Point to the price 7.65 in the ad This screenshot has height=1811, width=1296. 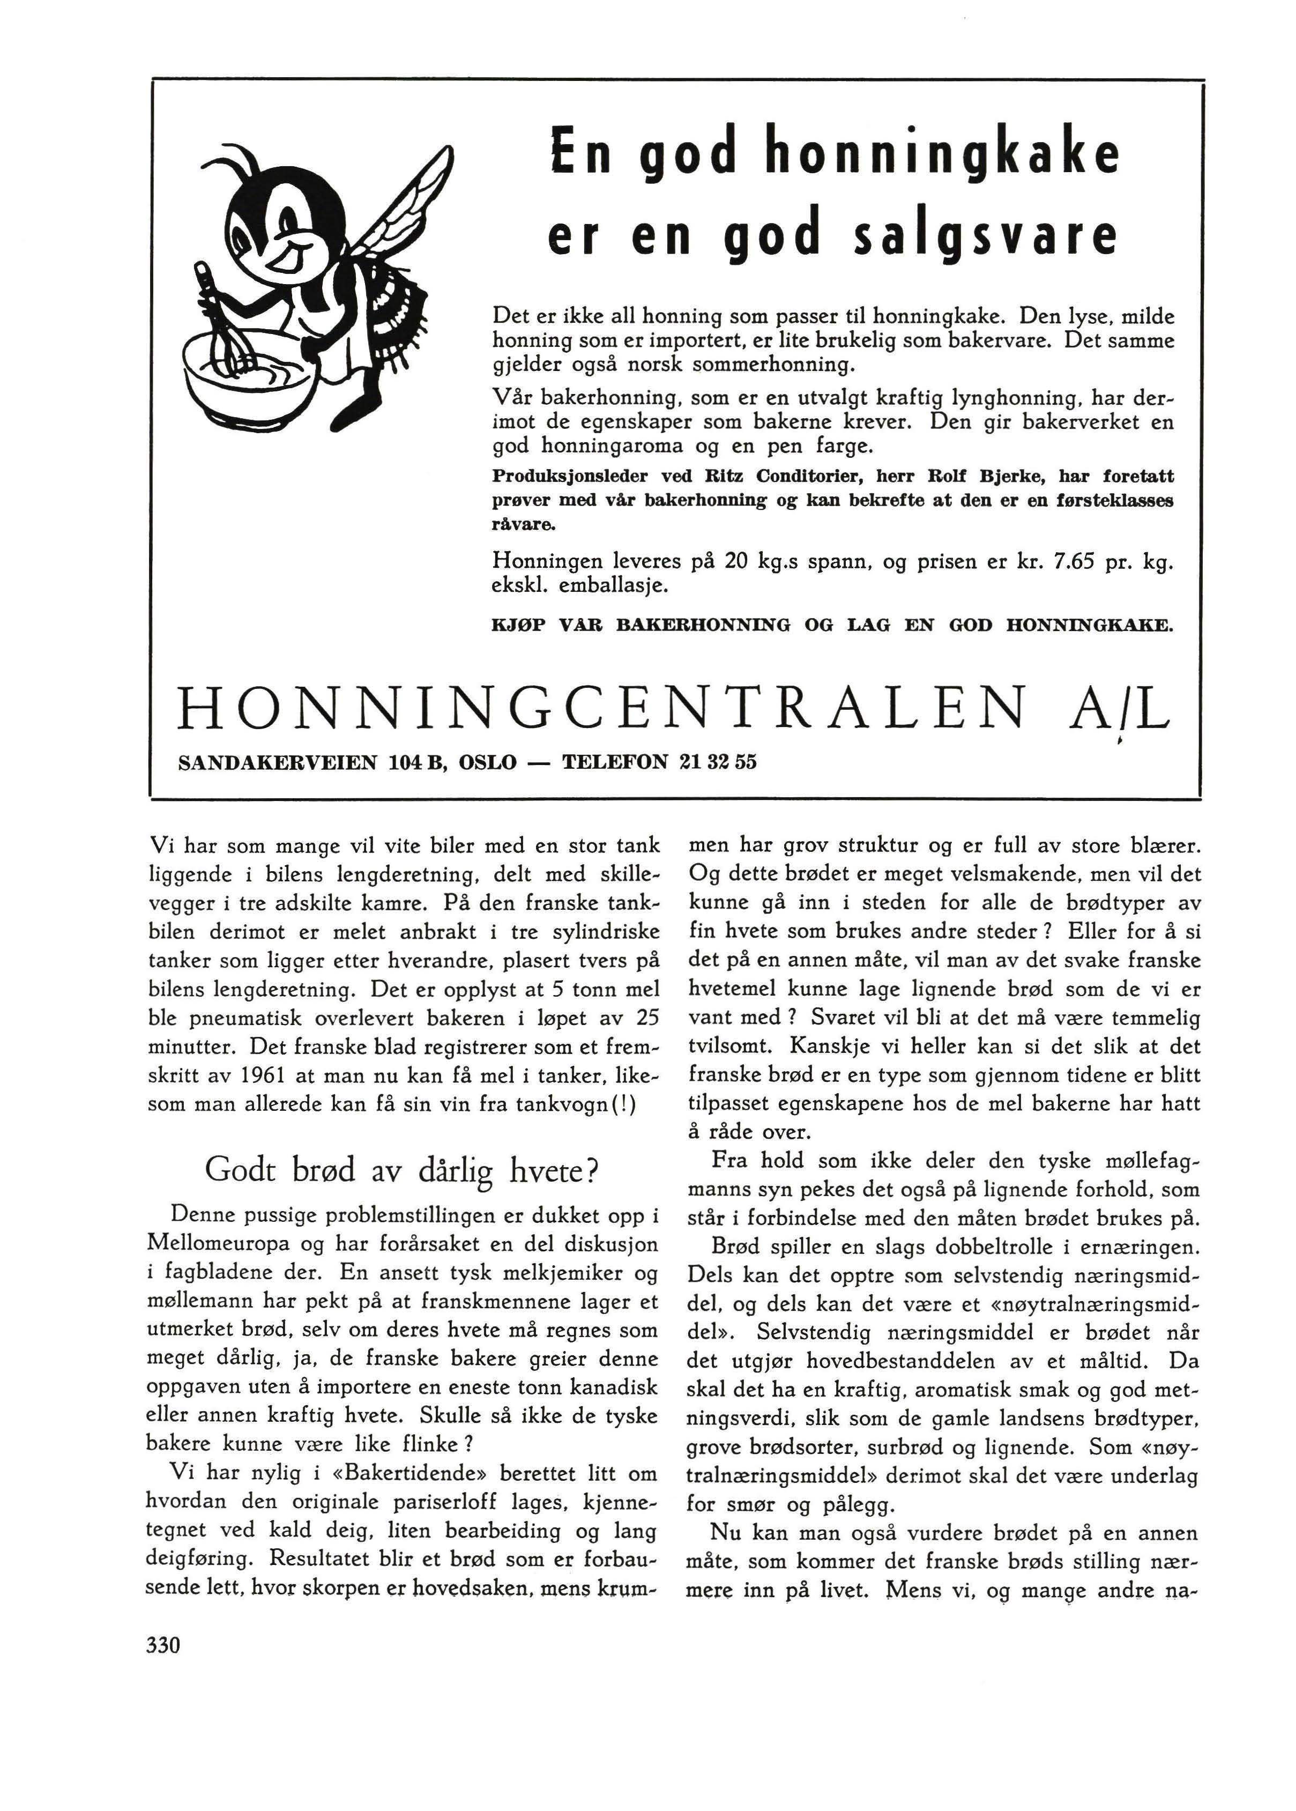pyautogui.click(x=1076, y=562)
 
